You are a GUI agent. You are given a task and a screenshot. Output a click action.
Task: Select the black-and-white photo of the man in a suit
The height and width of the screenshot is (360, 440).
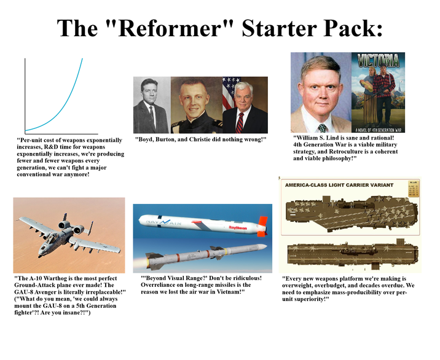(x=151, y=105)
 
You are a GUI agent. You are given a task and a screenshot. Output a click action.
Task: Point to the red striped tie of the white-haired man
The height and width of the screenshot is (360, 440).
(x=240, y=122)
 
